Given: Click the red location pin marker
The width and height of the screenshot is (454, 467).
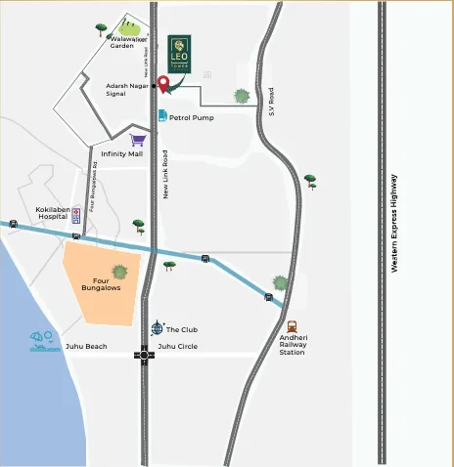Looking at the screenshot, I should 163,83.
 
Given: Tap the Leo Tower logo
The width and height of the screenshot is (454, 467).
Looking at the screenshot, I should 179,53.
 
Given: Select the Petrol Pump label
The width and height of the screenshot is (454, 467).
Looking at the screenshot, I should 192,117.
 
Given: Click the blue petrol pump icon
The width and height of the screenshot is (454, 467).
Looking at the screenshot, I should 162,116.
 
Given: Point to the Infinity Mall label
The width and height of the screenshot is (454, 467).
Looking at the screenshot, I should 121,153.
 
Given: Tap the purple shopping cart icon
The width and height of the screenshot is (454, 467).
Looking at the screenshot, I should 138,140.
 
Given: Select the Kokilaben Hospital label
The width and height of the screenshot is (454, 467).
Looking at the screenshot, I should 57,213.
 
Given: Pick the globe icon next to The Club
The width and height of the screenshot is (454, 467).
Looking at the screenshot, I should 157,328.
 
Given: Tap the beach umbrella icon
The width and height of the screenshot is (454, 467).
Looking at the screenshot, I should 43,341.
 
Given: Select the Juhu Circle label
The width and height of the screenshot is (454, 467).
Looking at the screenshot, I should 178,347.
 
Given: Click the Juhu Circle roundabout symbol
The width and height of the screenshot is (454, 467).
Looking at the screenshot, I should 145,355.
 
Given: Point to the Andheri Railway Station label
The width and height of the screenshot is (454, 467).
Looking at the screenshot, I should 293,345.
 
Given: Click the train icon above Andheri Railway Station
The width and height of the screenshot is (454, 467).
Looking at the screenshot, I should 292,327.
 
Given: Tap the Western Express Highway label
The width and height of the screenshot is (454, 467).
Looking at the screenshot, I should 394,223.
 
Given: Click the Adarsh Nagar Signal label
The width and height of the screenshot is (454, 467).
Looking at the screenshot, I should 127,90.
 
